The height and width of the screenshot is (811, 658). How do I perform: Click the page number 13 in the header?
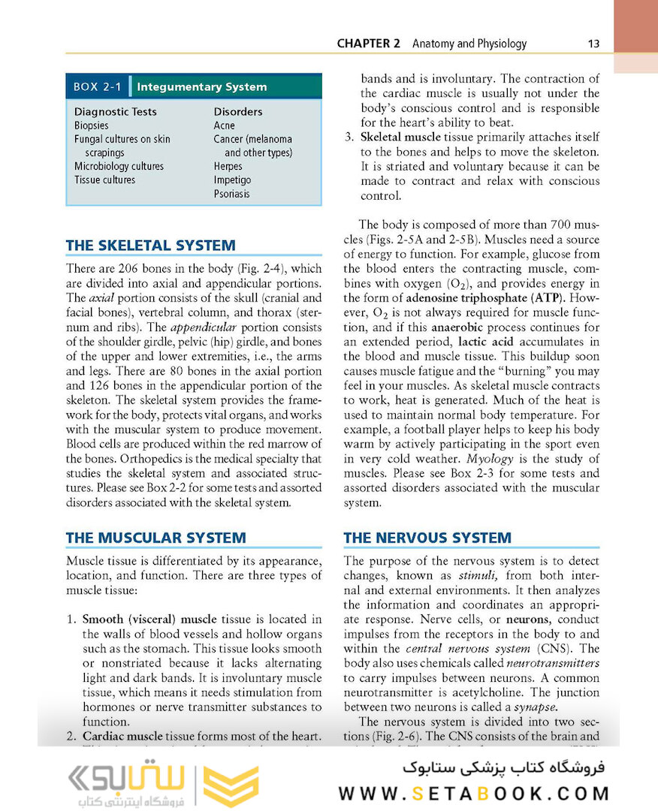click(593, 44)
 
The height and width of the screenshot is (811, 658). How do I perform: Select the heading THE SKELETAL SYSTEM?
click(150, 246)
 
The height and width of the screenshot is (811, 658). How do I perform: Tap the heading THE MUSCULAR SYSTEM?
click(155, 538)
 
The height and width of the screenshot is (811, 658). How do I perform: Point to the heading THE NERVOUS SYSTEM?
click(427, 538)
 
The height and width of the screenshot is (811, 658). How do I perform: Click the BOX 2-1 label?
click(97, 86)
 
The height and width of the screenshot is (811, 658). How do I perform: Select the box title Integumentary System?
click(201, 86)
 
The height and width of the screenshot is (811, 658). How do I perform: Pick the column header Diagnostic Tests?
click(115, 112)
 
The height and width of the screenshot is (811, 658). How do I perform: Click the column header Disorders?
click(238, 112)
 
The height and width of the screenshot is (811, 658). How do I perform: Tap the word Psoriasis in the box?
click(231, 194)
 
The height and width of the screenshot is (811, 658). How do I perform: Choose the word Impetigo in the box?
click(232, 180)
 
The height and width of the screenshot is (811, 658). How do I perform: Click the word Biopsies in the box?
click(91, 125)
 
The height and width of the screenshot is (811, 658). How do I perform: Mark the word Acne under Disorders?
click(224, 125)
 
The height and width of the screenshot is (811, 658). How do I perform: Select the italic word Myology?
click(490, 458)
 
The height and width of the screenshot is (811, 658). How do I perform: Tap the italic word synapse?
click(534, 707)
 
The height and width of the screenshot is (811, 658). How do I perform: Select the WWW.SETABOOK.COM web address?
click(473, 794)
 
